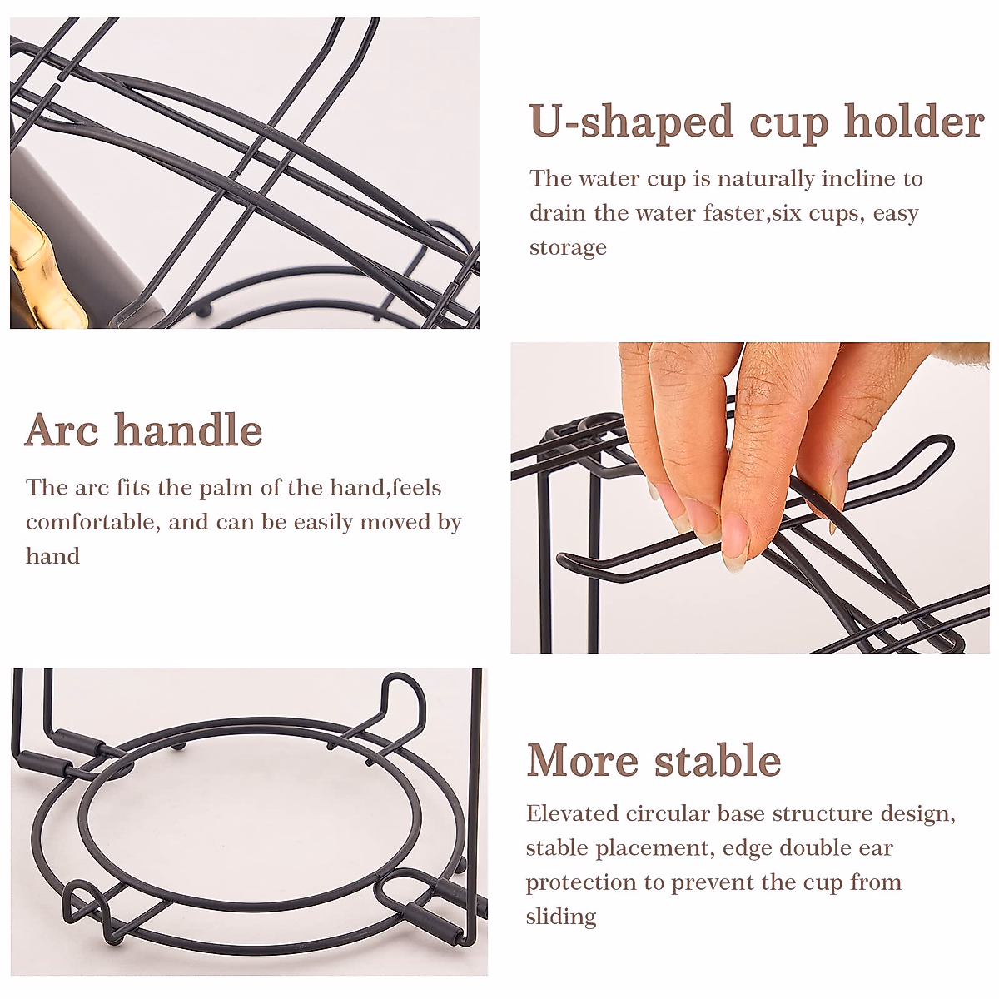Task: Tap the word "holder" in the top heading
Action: (914, 122)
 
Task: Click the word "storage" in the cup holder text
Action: (568, 248)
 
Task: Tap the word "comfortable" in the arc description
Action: (92, 523)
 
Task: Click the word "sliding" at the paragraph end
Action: (561, 917)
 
